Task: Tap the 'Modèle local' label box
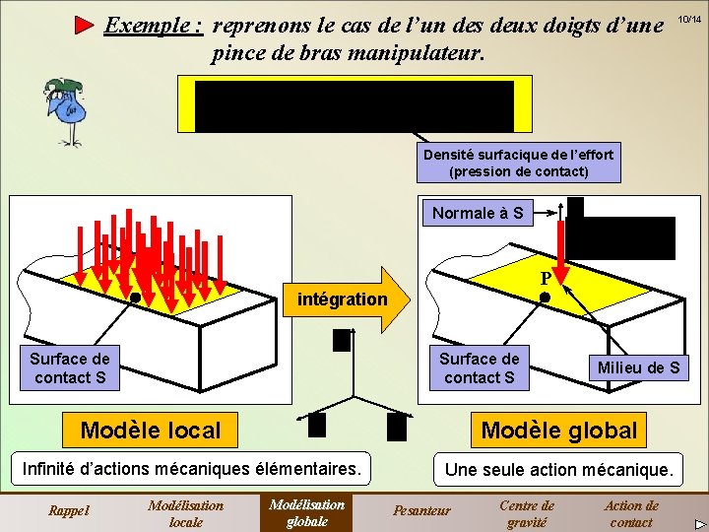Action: [x=151, y=430]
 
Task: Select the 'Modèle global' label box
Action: [x=558, y=430]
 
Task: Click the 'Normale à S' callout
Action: [x=478, y=213]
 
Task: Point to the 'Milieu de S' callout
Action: [x=639, y=367]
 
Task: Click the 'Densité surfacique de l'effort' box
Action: [x=518, y=164]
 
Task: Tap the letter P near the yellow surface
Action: [x=545, y=279]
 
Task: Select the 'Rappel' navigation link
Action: [x=69, y=510]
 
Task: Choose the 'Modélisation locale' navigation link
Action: [x=185, y=513]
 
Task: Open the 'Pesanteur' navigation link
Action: [x=421, y=510]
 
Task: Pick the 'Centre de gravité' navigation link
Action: [x=526, y=513]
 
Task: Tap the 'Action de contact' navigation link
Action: [x=631, y=513]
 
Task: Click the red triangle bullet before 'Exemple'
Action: [x=85, y=25]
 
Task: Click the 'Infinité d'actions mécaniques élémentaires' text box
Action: [x=193, y=469]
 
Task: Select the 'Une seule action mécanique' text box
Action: [x=558, y=470]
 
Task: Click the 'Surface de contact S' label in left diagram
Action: [x=69, y=367]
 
